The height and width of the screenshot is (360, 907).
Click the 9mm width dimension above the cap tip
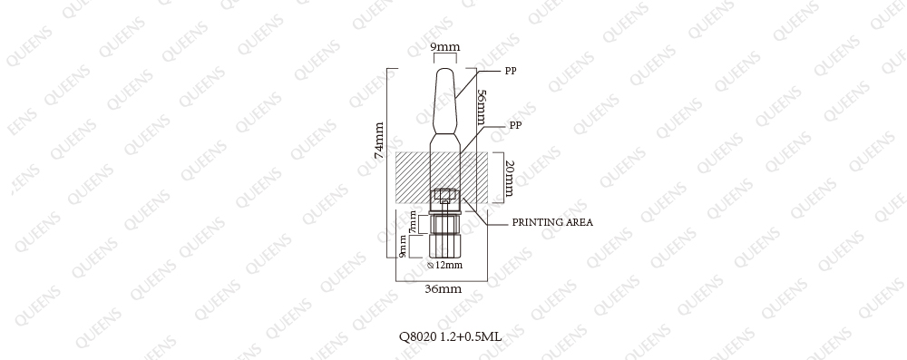click(445, 46)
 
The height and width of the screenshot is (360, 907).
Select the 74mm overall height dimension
click(379, 140)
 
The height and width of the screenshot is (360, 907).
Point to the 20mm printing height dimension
click(509, 179)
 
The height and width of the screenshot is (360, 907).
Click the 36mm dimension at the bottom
click(444, 288)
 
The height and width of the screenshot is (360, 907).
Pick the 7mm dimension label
click(413, 222)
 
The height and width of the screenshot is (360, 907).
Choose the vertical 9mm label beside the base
click(403, 246)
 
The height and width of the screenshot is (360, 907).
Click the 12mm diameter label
click(449, 265)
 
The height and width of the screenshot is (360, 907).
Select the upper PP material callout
click(510, 72)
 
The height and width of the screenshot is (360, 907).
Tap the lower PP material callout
click(515, 125)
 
